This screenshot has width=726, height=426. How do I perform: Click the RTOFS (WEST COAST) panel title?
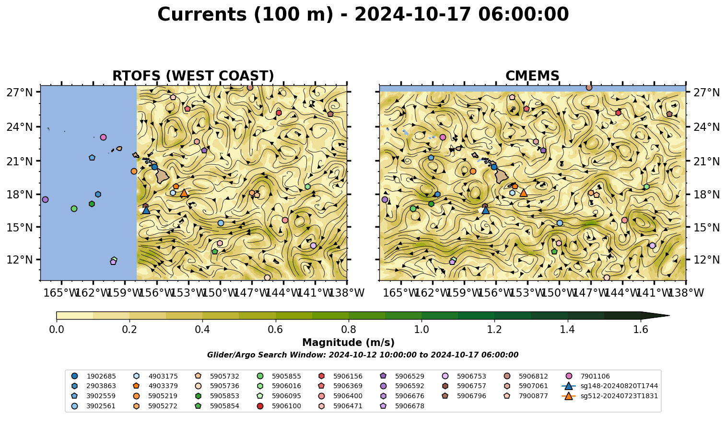pyautogui.click(x=193, y=76)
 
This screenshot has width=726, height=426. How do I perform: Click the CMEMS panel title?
pyautogui.click(x=532, y=76)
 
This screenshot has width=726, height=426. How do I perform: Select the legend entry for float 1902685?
pyautogui.click(x=94, y=376)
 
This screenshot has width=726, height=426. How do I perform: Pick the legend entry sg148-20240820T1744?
pyautogui.click(x=610, y=386)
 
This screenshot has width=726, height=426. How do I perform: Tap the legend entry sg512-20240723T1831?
pyautogui.click(x=610, y=396)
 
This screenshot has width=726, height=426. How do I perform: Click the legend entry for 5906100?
pyautogui.click(x=280, y=406)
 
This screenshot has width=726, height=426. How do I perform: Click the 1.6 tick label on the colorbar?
pyautogui.click(x=641, y=330)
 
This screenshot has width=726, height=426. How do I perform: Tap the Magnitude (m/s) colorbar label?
pyautogui.click(x=349, y=343)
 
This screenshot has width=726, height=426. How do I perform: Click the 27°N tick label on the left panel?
pyautogui.click(x=20, y=92)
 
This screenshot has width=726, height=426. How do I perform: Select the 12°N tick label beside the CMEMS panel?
pyautogui.click(x=706, y=260)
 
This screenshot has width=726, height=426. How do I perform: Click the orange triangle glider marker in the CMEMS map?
pyautogui.click(x=524, y=193)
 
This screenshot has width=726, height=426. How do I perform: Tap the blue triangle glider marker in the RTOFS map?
pyautogui.click(x=146, y=210)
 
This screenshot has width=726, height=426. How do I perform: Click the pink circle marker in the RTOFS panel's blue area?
pyautogui.click(x=104, y=138)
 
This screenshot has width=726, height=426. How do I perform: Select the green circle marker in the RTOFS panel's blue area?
pyautogui.click(x=74, y=208)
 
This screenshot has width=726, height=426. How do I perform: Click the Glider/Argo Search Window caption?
pyautogui.click(x=363, y=355)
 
